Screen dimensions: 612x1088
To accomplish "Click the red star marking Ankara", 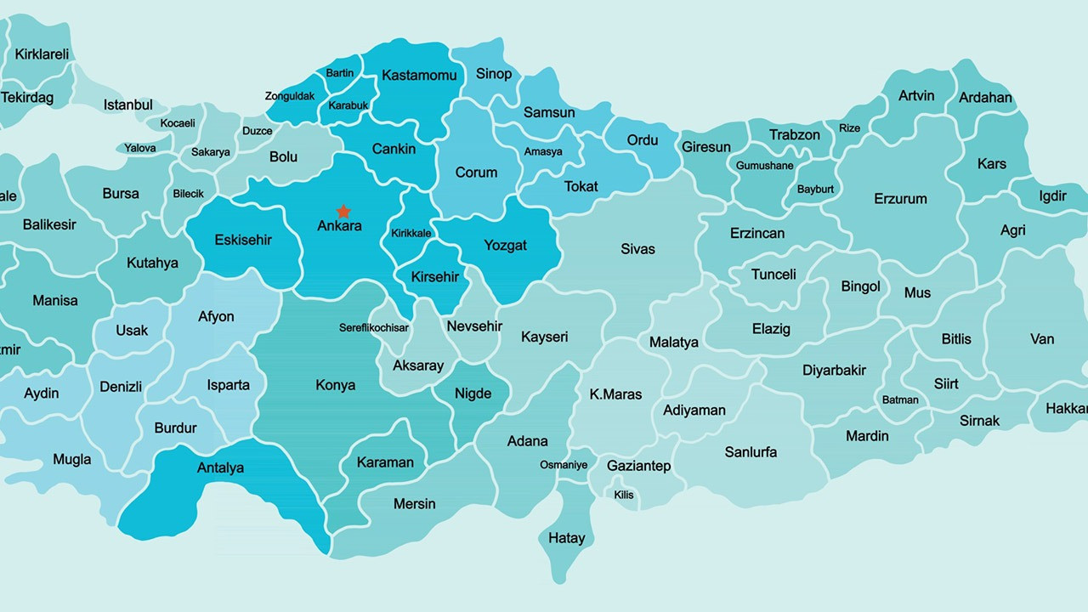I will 343,211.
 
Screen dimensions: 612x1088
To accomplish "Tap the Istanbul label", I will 128,105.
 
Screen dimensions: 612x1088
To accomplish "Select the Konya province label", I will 335,385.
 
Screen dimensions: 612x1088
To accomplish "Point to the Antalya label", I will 220,467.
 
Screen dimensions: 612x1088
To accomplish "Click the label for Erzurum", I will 900,199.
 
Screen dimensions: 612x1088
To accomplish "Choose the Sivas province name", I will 637,249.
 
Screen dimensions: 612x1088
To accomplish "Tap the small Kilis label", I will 624,495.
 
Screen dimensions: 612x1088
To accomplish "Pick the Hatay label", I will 566,538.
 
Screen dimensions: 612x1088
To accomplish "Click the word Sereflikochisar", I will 374,327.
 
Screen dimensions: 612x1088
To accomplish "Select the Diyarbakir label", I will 834,370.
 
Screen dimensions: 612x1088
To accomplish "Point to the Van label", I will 1042,339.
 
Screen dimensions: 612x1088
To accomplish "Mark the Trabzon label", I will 795,135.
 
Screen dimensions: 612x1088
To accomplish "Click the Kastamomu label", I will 419,75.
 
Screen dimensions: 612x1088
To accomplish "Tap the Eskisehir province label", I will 243,240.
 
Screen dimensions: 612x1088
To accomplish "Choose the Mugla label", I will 72,460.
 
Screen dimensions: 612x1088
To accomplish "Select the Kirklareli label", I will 42,54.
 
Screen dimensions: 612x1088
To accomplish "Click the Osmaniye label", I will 564,465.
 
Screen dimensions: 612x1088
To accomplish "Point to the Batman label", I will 900,399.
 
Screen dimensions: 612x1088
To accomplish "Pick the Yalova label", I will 140,148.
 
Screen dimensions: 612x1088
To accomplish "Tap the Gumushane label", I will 765,166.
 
